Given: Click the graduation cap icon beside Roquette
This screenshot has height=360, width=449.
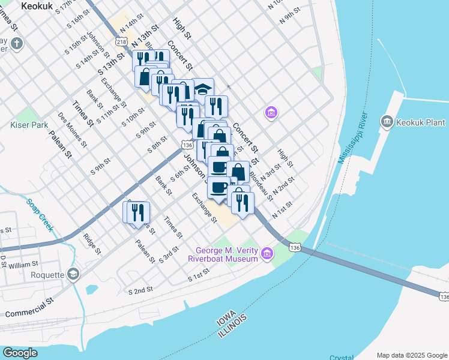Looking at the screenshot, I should pyautogui.click(x=73, y=274).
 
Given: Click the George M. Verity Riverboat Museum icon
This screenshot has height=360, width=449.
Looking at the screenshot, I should pyautogui.click(x=265, y=254).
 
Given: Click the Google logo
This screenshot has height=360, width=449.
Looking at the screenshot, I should pyautogui.click(x=20, y=353).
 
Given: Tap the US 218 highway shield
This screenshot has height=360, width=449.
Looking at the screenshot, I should pyautogui.click(x=122, y=42).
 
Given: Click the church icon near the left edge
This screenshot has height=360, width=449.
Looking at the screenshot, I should pyautogui.click(x=16, y=44).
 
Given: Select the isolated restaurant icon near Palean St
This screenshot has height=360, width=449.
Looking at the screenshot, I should pyautogui.click(x=136, y=212).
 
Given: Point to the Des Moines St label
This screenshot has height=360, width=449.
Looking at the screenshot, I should pyautogui.click(x=72, y=130).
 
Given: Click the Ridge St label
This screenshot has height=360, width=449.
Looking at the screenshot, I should pyautogui.click(x=92, y=244).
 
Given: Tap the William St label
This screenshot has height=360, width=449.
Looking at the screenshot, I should pyautogui.click(x=23, y=264).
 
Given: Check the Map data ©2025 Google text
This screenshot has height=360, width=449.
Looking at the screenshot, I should pyautogui.click(x=411, y=355).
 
